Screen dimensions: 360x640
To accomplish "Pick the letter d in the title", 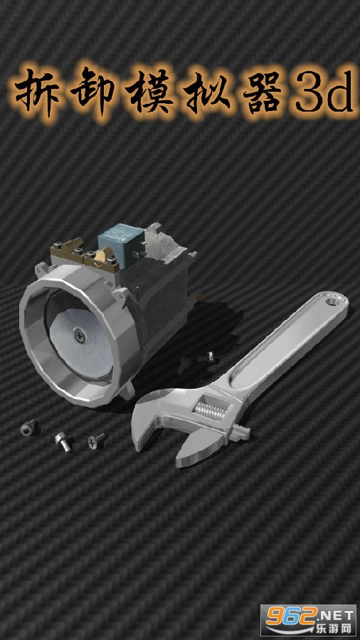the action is click(x=337, y=92).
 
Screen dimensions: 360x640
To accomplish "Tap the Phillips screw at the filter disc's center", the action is click(x=78, y=336).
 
